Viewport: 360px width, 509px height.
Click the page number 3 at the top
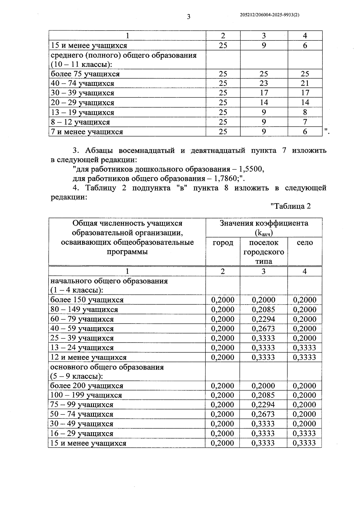tap(188, 17)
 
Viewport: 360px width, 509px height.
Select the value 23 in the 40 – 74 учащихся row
tap(264, 83)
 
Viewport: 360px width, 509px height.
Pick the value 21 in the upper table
tap(305, 83)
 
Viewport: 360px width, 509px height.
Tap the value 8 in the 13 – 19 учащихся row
tap(305, 112)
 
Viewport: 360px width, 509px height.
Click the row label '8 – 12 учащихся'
tap(80, 122)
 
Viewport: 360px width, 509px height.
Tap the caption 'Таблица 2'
tap(290, 206)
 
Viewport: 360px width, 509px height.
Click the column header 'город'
tap(223, 243)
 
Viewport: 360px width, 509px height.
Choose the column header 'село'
tap(304, 243)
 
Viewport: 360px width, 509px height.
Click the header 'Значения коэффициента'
tap(264, 223)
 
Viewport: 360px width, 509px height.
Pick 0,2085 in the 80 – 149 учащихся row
tap(263, 310)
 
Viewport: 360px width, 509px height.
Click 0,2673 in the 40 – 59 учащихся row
tap(263, 329)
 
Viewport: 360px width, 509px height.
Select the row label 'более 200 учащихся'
tap(87, 386)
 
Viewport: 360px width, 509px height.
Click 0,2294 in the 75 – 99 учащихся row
tap(263, 405)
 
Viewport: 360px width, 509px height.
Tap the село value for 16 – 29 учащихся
tap(304, 433)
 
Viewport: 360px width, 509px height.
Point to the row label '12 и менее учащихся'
tap(88, 358)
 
